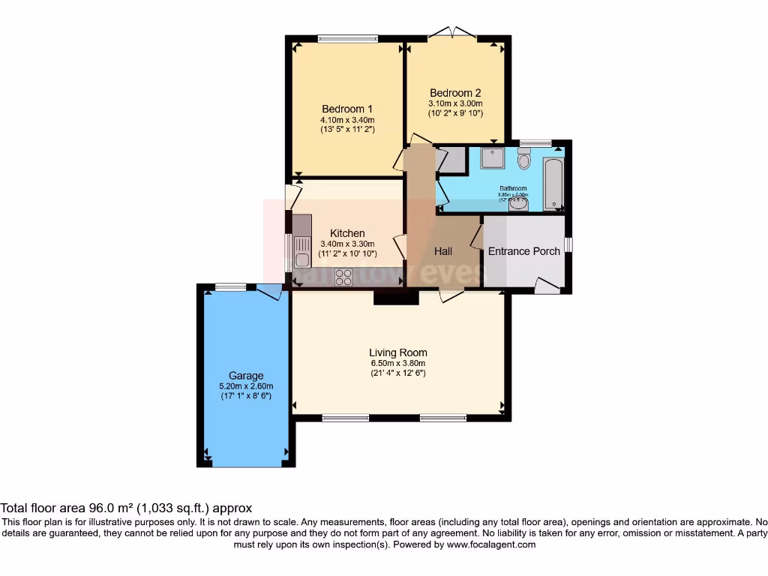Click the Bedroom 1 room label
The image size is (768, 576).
(x=347, y=108)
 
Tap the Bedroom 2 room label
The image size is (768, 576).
(x=454, y=93)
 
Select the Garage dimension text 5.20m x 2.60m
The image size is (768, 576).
(x=246, y=386)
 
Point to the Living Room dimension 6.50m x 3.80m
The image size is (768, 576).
(x=397, y=363)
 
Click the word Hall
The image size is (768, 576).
(x=443, y=251)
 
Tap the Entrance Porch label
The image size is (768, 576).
(x=523, y=251)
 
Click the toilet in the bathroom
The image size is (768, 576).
(x=524, y=159)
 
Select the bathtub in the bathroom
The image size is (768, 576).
(x=553, y=183)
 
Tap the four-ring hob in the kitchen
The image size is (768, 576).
(x=344, y=277)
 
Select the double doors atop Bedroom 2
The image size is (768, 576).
(x=452, y=32)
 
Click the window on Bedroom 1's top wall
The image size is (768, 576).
(x=347, y=37)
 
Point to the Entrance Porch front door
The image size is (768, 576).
(x=548, y=284)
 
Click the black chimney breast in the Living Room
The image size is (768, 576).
(x=396, y=298)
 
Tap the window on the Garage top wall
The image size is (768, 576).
(x=229, y=286)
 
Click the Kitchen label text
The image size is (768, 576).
(x=347, y=233)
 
